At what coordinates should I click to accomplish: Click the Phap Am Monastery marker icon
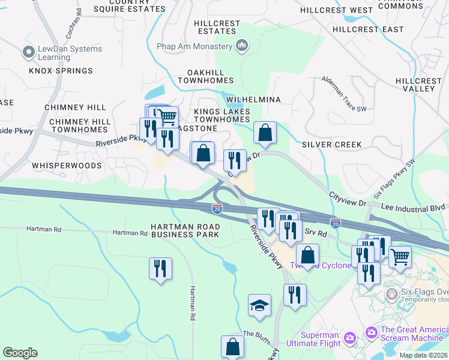click(242, 46)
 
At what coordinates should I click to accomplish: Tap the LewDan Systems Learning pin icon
click(28, 53)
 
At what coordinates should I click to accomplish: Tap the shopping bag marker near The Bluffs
click(232, 347)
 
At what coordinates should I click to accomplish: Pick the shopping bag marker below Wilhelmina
click(265, 133)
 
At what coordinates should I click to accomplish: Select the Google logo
click(20, 353)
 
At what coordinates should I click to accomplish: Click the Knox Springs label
click(61, 71)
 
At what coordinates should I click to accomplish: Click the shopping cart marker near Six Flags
click(400, 257)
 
